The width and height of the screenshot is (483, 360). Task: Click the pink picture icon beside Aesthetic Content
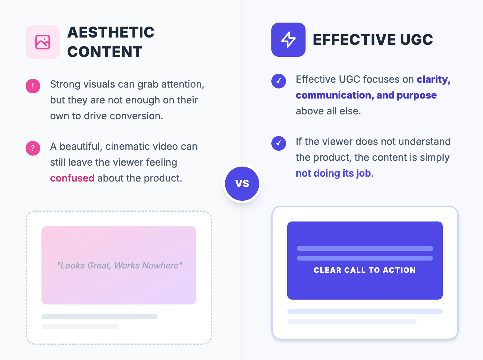point(43,42)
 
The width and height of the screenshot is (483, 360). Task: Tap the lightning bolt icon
point(288,40)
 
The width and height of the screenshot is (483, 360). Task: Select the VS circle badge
point(242,184)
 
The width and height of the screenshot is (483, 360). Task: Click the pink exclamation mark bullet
point(33,86)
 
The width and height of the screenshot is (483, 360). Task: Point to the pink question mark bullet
point(33,148)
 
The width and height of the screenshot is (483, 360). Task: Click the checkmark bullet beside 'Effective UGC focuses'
point(279,81)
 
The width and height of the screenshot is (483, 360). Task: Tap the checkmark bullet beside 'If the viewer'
point(279,143)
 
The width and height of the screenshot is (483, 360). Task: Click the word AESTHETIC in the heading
point(111,32)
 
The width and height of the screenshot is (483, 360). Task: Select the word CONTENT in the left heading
point(105,52)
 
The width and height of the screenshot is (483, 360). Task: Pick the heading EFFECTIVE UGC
point(373,40)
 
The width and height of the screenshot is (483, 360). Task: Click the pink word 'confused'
point(72,178)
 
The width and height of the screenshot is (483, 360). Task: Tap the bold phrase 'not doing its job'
point(334,173)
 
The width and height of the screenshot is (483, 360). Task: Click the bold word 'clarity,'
point(433,79)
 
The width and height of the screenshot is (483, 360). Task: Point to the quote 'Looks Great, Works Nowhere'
point(120,265)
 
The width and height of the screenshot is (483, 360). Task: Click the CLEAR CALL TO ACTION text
point(365,270)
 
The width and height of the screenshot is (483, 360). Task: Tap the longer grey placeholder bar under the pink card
point(99,317)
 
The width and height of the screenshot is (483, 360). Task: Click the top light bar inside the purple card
point(365,248)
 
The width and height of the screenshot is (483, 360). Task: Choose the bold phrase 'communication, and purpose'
point(366,95)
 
